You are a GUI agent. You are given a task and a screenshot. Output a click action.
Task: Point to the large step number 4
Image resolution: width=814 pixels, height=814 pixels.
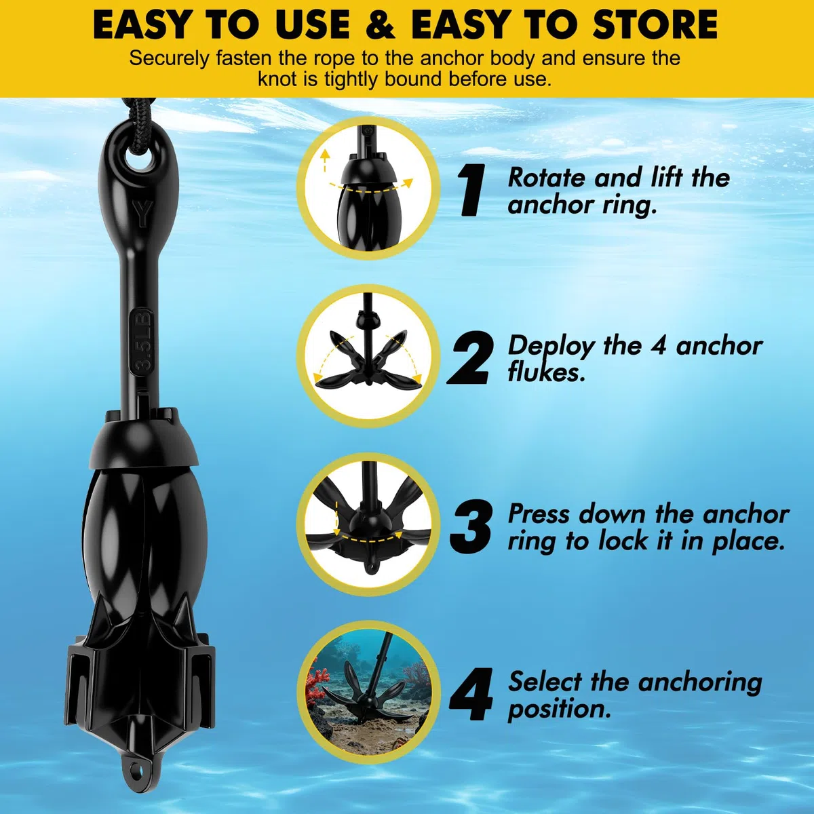coord(471,694)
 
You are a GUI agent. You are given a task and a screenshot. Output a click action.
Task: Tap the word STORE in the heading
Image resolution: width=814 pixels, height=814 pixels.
coord(655,24)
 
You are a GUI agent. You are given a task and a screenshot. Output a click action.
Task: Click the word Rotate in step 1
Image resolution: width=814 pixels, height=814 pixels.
coord(547,178)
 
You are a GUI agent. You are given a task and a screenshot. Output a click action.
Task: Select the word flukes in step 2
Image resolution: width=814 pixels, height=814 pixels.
coord(547,372)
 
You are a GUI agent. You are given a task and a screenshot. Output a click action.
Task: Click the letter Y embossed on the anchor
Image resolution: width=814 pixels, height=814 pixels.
coord(142,213)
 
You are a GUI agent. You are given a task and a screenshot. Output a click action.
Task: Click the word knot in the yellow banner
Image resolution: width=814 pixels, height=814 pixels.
coord(276,79)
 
